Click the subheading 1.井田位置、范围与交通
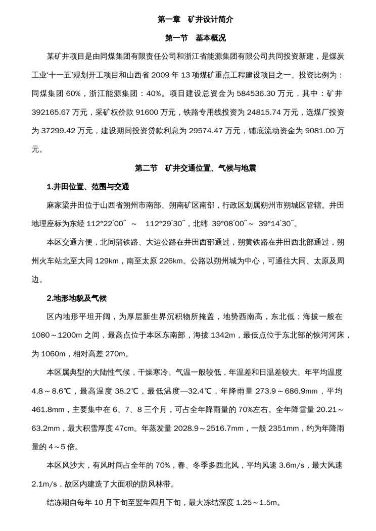point(88,187)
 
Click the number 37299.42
point(62,131)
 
